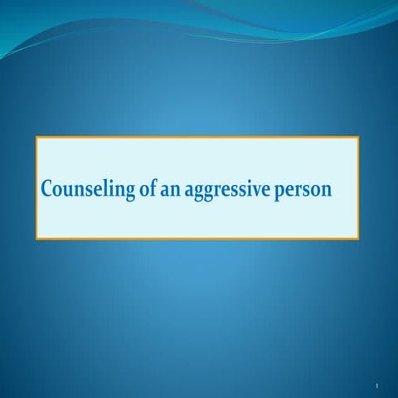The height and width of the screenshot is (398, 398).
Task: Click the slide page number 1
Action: (376, 386)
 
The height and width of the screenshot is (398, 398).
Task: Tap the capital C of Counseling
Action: (48, 188)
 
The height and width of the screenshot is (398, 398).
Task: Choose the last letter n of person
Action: (327, 190)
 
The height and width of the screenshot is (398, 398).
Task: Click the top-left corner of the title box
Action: (36, 137)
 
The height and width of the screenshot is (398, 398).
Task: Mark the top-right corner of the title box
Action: (358, 137)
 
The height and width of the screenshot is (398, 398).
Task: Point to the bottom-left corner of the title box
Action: (36, 239)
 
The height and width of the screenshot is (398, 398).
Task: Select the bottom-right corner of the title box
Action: (358, 239)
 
